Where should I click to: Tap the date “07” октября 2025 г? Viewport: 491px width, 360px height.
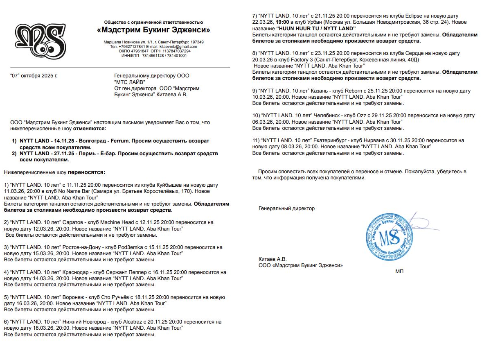(x=34, y=76)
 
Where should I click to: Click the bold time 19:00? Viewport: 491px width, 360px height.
(x=283, y=22)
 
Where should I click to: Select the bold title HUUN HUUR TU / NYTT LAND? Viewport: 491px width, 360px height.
(x=316, y=28)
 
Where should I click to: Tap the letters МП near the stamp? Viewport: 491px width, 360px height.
(x=399, y=271)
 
